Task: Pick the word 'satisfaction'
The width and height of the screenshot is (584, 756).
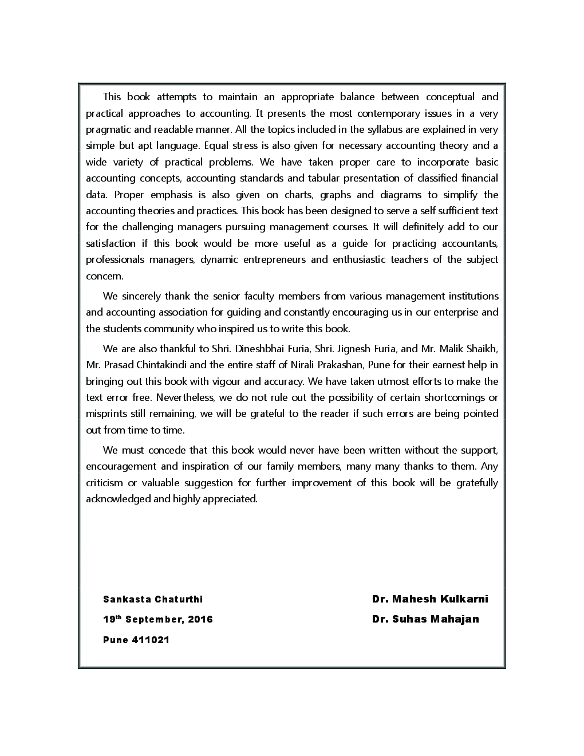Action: (111, 243)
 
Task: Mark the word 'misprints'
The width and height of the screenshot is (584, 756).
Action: (105, 414)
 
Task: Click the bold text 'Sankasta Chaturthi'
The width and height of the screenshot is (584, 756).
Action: (153, 600)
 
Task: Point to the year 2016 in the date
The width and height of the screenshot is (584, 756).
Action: (200, 620)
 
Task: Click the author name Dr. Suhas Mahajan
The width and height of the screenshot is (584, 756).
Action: (425, 619)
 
